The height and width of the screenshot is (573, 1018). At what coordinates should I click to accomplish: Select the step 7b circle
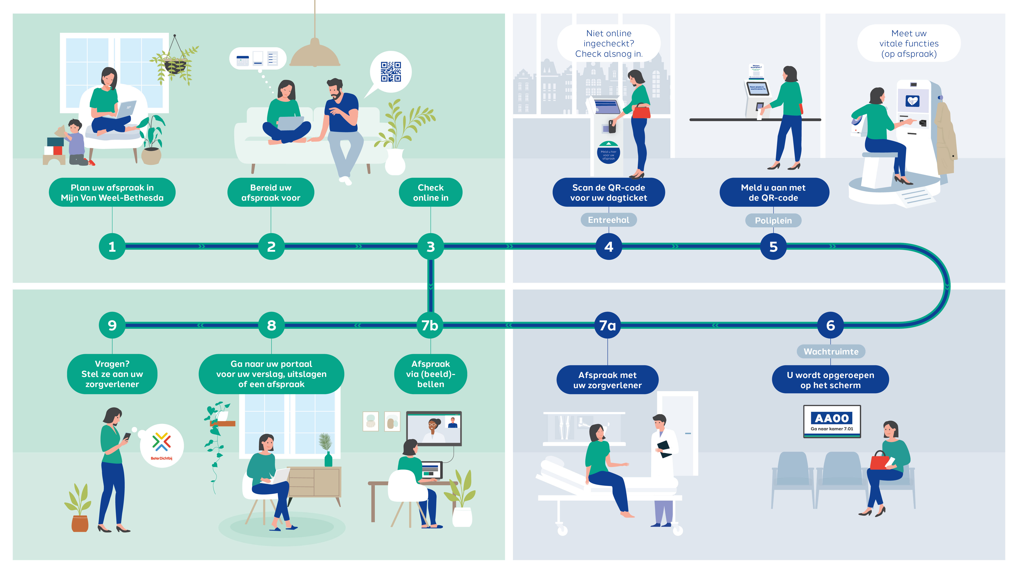(430, 325)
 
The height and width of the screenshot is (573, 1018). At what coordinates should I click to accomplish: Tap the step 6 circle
(830, 325)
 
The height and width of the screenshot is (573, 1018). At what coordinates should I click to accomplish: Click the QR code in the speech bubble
(390, 72)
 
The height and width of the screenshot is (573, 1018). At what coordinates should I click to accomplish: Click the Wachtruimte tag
(831, 351)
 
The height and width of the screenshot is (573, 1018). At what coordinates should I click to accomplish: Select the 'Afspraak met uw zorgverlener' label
(607, 380)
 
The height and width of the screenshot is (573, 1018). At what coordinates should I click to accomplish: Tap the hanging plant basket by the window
(175, 65)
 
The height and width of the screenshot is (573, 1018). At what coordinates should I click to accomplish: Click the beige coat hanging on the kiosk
(945, 138)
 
